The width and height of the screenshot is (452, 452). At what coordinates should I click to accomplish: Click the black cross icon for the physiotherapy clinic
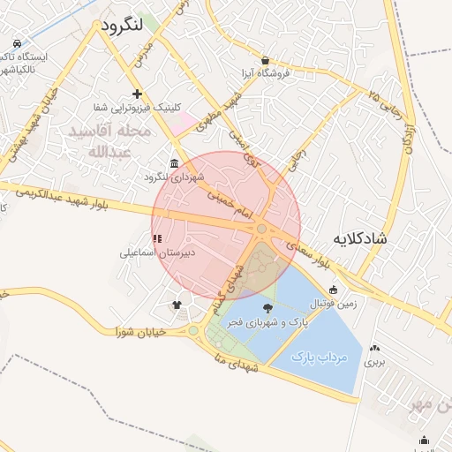click(x=137, y=94)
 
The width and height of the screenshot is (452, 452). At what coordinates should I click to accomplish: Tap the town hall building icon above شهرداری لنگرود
click(x=173, y=164)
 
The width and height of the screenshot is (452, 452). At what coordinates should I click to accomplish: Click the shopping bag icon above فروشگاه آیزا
click(x=253, y=62)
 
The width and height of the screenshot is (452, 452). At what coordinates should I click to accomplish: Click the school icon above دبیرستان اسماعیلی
click(x=157, y=238)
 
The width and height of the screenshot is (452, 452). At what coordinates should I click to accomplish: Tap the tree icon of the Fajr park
click(x=267, y=308)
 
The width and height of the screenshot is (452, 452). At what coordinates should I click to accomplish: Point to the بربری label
click(x=377, y=362)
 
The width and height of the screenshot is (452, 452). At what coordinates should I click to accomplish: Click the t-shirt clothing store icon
click(x=177, y=305)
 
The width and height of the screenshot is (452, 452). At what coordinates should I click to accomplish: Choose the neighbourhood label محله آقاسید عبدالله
click(x=110, y=141)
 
